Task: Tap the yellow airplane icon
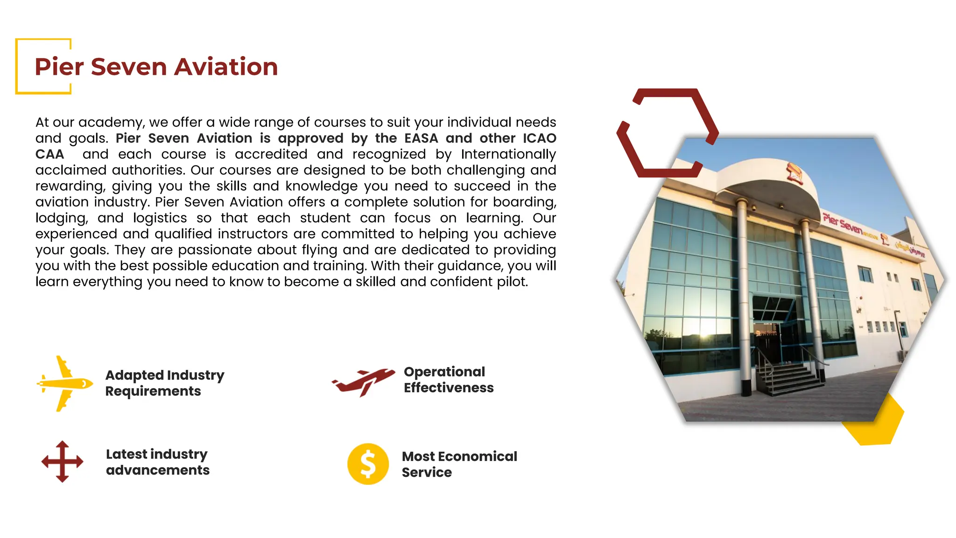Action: point(64,383)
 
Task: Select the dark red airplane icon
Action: point(364,381)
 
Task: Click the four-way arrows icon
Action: point(62,461)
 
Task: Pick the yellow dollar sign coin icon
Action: point(368,464)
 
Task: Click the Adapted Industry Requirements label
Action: point(164,383)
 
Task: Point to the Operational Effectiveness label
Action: point(448,380)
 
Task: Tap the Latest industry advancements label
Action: point(157,462)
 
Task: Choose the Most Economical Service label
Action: point(459,464)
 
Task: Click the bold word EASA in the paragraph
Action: point(421,138)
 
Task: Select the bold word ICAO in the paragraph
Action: point(539,138)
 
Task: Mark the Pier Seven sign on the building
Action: point(843,225)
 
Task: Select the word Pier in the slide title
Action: point(59,67)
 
